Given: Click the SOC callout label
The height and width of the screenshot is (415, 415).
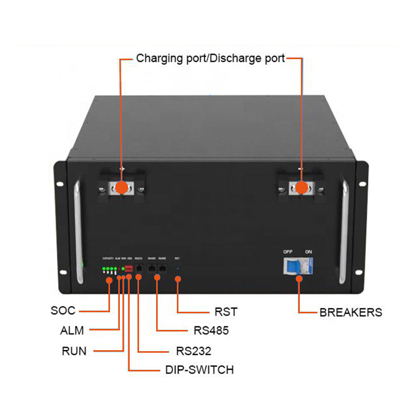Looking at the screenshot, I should pos(63,311).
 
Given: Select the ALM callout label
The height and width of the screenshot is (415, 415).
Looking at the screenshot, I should pos(72,330).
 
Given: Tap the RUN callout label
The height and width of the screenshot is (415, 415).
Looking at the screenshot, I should pos(74,351).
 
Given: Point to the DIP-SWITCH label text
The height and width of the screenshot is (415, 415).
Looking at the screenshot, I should pos(199,370).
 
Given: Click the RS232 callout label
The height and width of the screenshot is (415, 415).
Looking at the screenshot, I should pos(193,351).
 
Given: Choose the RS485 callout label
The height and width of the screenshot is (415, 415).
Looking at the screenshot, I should pos(211,331).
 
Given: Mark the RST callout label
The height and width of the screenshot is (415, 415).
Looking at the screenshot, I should pos(226,312).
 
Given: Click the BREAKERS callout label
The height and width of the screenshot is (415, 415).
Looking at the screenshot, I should pos(351,312).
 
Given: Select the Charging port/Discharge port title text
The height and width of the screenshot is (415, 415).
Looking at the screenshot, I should pos(211,59).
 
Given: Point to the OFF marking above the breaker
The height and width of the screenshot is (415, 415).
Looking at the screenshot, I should pos(288,252).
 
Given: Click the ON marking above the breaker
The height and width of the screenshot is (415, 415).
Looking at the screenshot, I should pos(309,252).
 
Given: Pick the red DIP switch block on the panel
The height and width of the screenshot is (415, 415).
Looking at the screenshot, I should pos(129,268).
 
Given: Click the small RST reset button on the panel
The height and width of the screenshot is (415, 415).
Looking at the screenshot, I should pos(177,268).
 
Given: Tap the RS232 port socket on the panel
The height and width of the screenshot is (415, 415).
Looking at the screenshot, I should pos(139,268).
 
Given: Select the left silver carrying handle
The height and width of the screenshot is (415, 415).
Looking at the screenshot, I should pos(79,231).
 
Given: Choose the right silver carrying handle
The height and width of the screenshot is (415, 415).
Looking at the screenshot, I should pos(343,231).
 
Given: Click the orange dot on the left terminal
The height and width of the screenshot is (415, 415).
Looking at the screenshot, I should pos(121,187).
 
